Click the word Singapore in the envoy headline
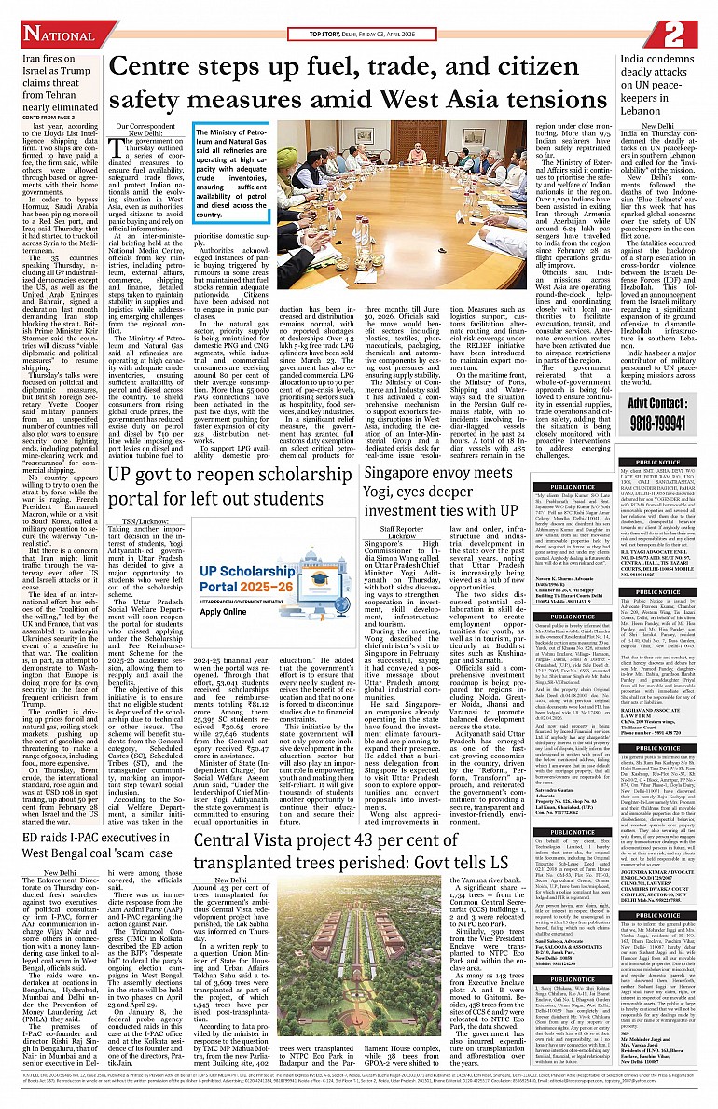point(403,473)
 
